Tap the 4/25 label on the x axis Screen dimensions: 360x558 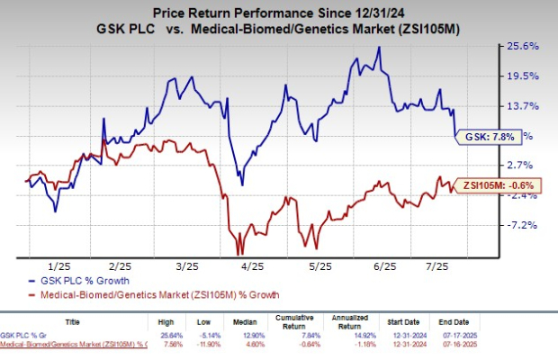tap(254, 266)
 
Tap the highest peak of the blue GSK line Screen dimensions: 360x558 tap(378, 48)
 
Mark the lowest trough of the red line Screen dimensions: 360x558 tap(239, 255)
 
